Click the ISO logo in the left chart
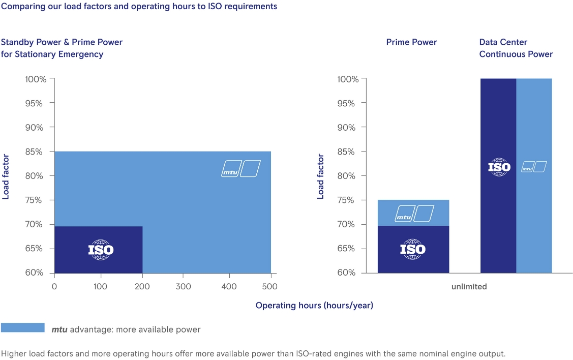101,250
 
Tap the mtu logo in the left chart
241,169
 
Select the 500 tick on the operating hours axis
270,287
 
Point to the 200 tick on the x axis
143,287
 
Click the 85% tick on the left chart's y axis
36,152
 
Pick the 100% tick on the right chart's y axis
348,79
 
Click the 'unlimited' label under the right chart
469,287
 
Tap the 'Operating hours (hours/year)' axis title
314,306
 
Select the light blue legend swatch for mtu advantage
23,328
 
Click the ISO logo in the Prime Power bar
413,249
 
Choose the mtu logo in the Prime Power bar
415,214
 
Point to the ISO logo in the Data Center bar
499,167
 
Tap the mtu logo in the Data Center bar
534,167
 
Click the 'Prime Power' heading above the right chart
411,42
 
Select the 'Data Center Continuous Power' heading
516,48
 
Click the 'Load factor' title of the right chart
321,176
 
